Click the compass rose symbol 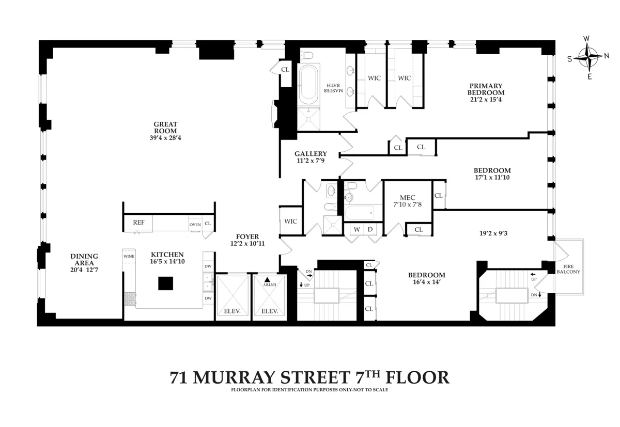[587, 58]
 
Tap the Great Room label [165, 128]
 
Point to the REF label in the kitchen [138, 223]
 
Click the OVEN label [195, 224]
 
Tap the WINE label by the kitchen [129, 255]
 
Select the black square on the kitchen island [165, 284]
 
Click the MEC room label [407, 197]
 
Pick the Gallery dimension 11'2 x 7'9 [311, 161]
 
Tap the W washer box [357, 229]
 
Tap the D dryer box [370, 229]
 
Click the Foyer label [247, 236]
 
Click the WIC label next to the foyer [290, 221]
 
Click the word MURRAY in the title [244, 377]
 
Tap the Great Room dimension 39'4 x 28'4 [165, 138]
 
